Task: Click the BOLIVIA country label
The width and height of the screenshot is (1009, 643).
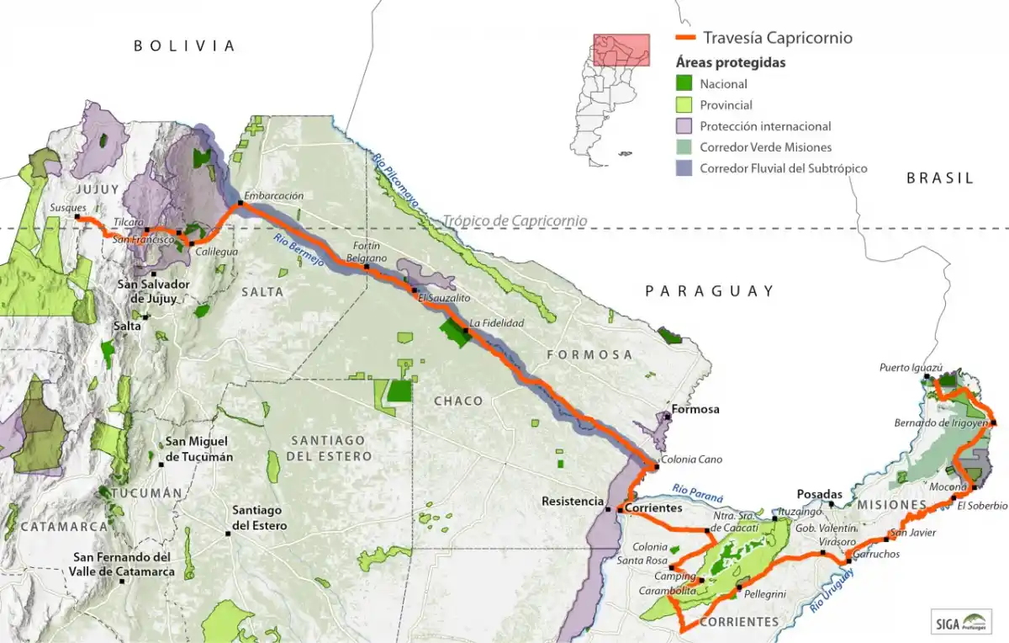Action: point(185,46)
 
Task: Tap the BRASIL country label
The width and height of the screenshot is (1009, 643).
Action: point(939,178)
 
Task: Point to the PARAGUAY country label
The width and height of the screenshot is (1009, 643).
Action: point(710,291)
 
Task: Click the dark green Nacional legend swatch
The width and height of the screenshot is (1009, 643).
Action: point(684,83)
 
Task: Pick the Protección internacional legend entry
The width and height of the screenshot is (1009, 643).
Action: point(765,126)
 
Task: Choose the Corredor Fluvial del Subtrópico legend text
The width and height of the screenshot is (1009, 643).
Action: point(783,168)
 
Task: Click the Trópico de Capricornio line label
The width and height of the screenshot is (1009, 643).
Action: point(515,221)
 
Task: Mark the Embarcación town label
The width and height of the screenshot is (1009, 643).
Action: point(273,194)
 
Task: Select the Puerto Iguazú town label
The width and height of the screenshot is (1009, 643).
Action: point(911,367)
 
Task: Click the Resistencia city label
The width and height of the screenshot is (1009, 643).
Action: point(573,502)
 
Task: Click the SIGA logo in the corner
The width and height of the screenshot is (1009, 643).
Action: point(962,622)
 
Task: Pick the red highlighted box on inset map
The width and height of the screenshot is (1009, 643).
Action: point(621,50)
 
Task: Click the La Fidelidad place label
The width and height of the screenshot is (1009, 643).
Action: point(497,322)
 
